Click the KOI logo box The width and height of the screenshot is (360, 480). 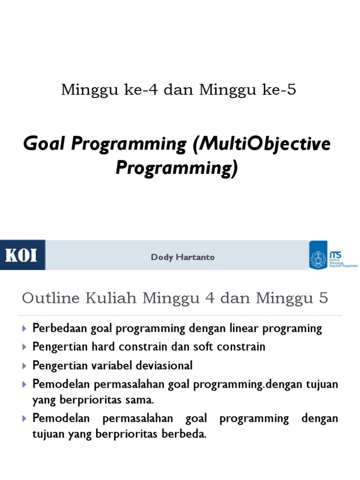click(x=22, y=255)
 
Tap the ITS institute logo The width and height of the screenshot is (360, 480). click(x=333, y=255)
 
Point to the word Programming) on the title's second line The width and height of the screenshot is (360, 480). click(x=177, y=168)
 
